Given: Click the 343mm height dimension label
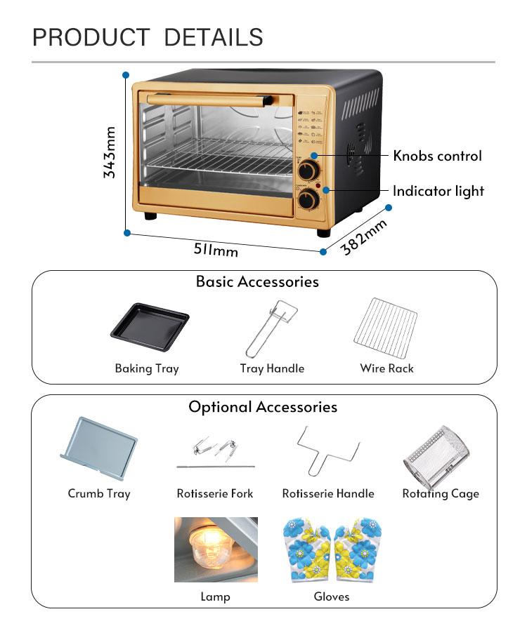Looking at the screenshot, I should pyautogui.click(x=110, y=152).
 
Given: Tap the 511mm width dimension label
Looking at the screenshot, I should pyautogui.click(x=216, y=248).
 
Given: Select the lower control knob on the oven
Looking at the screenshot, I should pyautogui.click(x=307, y=200).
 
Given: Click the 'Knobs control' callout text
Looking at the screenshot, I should pyautogui.click(x=437, y=156).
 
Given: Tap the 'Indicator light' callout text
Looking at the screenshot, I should pyautogui.click(x=438, y=191).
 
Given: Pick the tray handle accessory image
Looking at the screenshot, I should pyautogui.click(x=270, y=328).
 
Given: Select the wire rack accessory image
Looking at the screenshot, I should pyautogui.click(x=386, y=328).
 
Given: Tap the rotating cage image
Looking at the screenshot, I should pyautogui.click(x=436, y=455).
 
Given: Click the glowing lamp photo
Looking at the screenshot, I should pyautogui.click(x=216, y=549).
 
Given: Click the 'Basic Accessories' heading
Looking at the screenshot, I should pyautogui.click(x=257, y=282).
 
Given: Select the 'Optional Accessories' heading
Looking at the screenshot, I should pyautogui.click(x=263, y=407).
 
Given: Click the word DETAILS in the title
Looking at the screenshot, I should pyautogui.click(x=214, y=36).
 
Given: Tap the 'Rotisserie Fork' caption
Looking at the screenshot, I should pyautogui.click(x=215, y=493).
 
